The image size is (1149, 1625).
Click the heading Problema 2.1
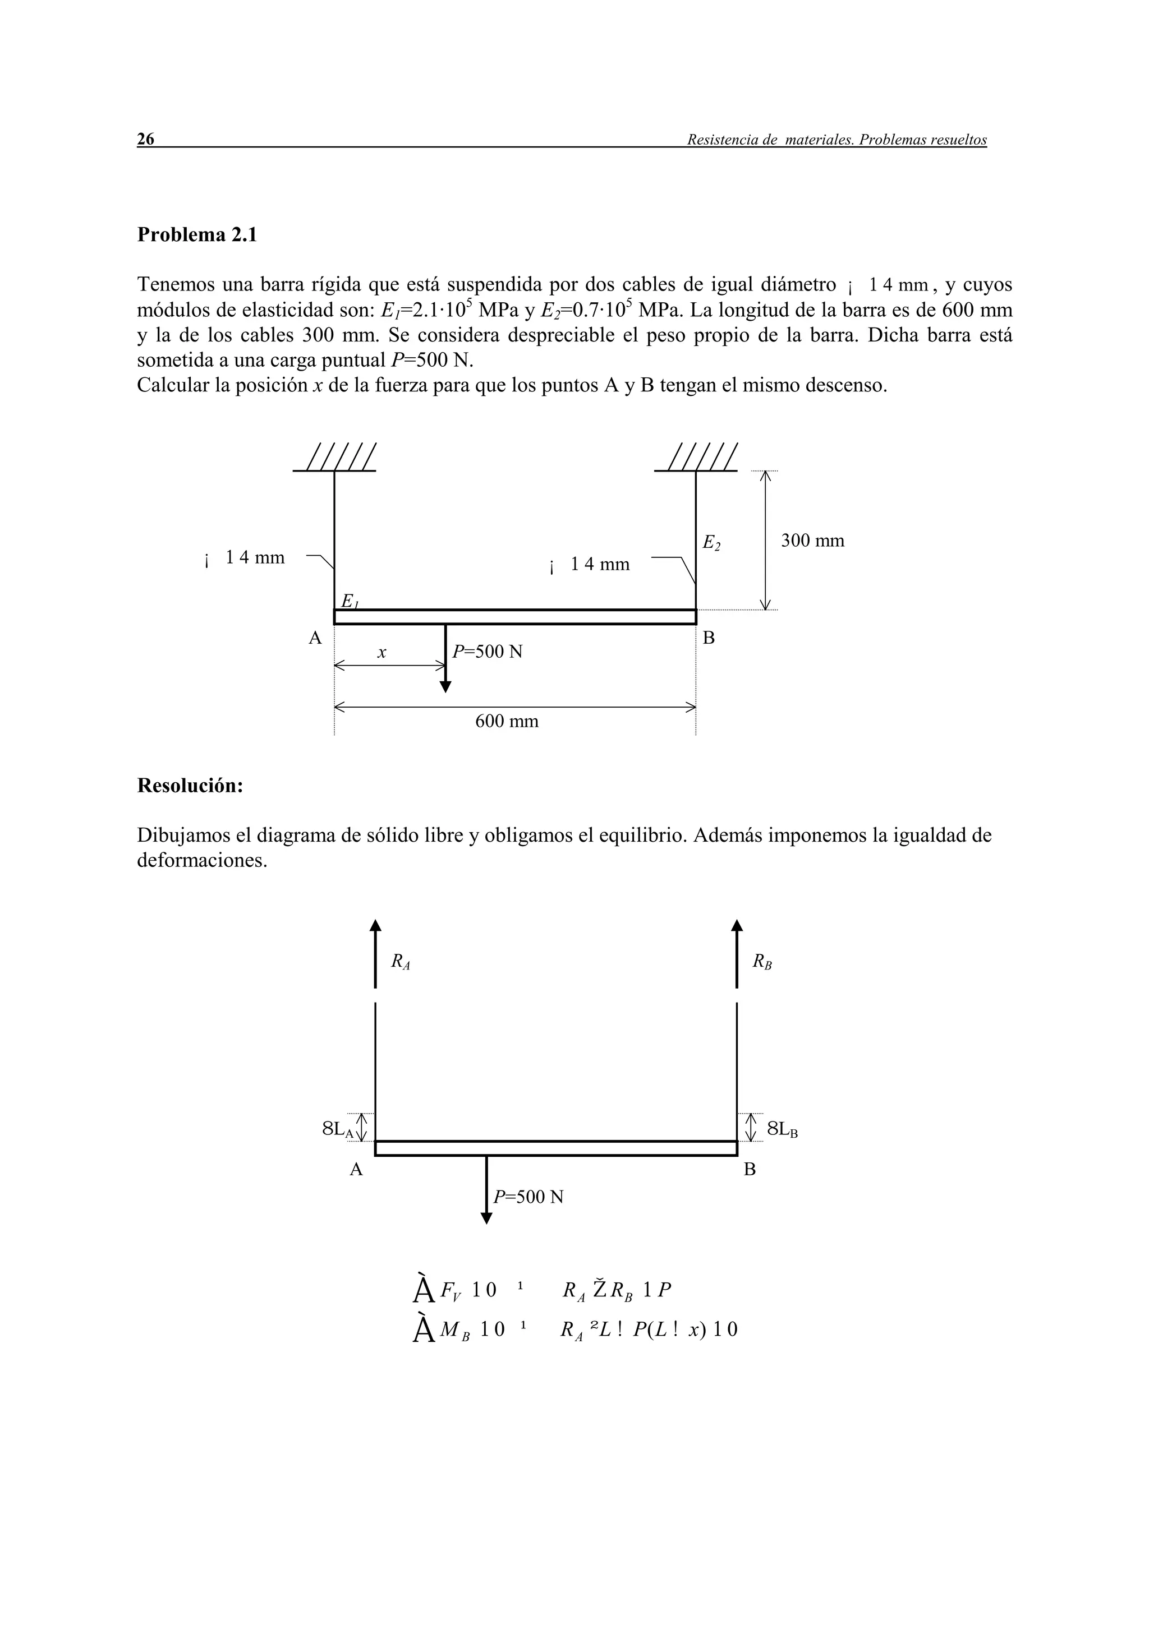coord(197,234)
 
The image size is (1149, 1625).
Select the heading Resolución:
coord(190,785)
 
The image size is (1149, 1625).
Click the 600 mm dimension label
coord(506,721)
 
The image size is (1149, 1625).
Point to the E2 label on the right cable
coord(711,543)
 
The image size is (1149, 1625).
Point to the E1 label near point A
coord(350,601)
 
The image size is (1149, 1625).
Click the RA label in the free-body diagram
coord(401,962)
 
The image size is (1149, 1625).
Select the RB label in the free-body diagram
coord(762,962)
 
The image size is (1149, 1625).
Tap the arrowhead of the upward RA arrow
coord(375,925)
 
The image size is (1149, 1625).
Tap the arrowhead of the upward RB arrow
coord(737,925)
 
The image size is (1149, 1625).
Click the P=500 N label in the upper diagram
coord(487,651)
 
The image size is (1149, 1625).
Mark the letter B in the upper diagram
coord(709,638)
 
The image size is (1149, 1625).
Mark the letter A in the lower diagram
coord(356,1170)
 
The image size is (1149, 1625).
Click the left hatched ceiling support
coord(335,458)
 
